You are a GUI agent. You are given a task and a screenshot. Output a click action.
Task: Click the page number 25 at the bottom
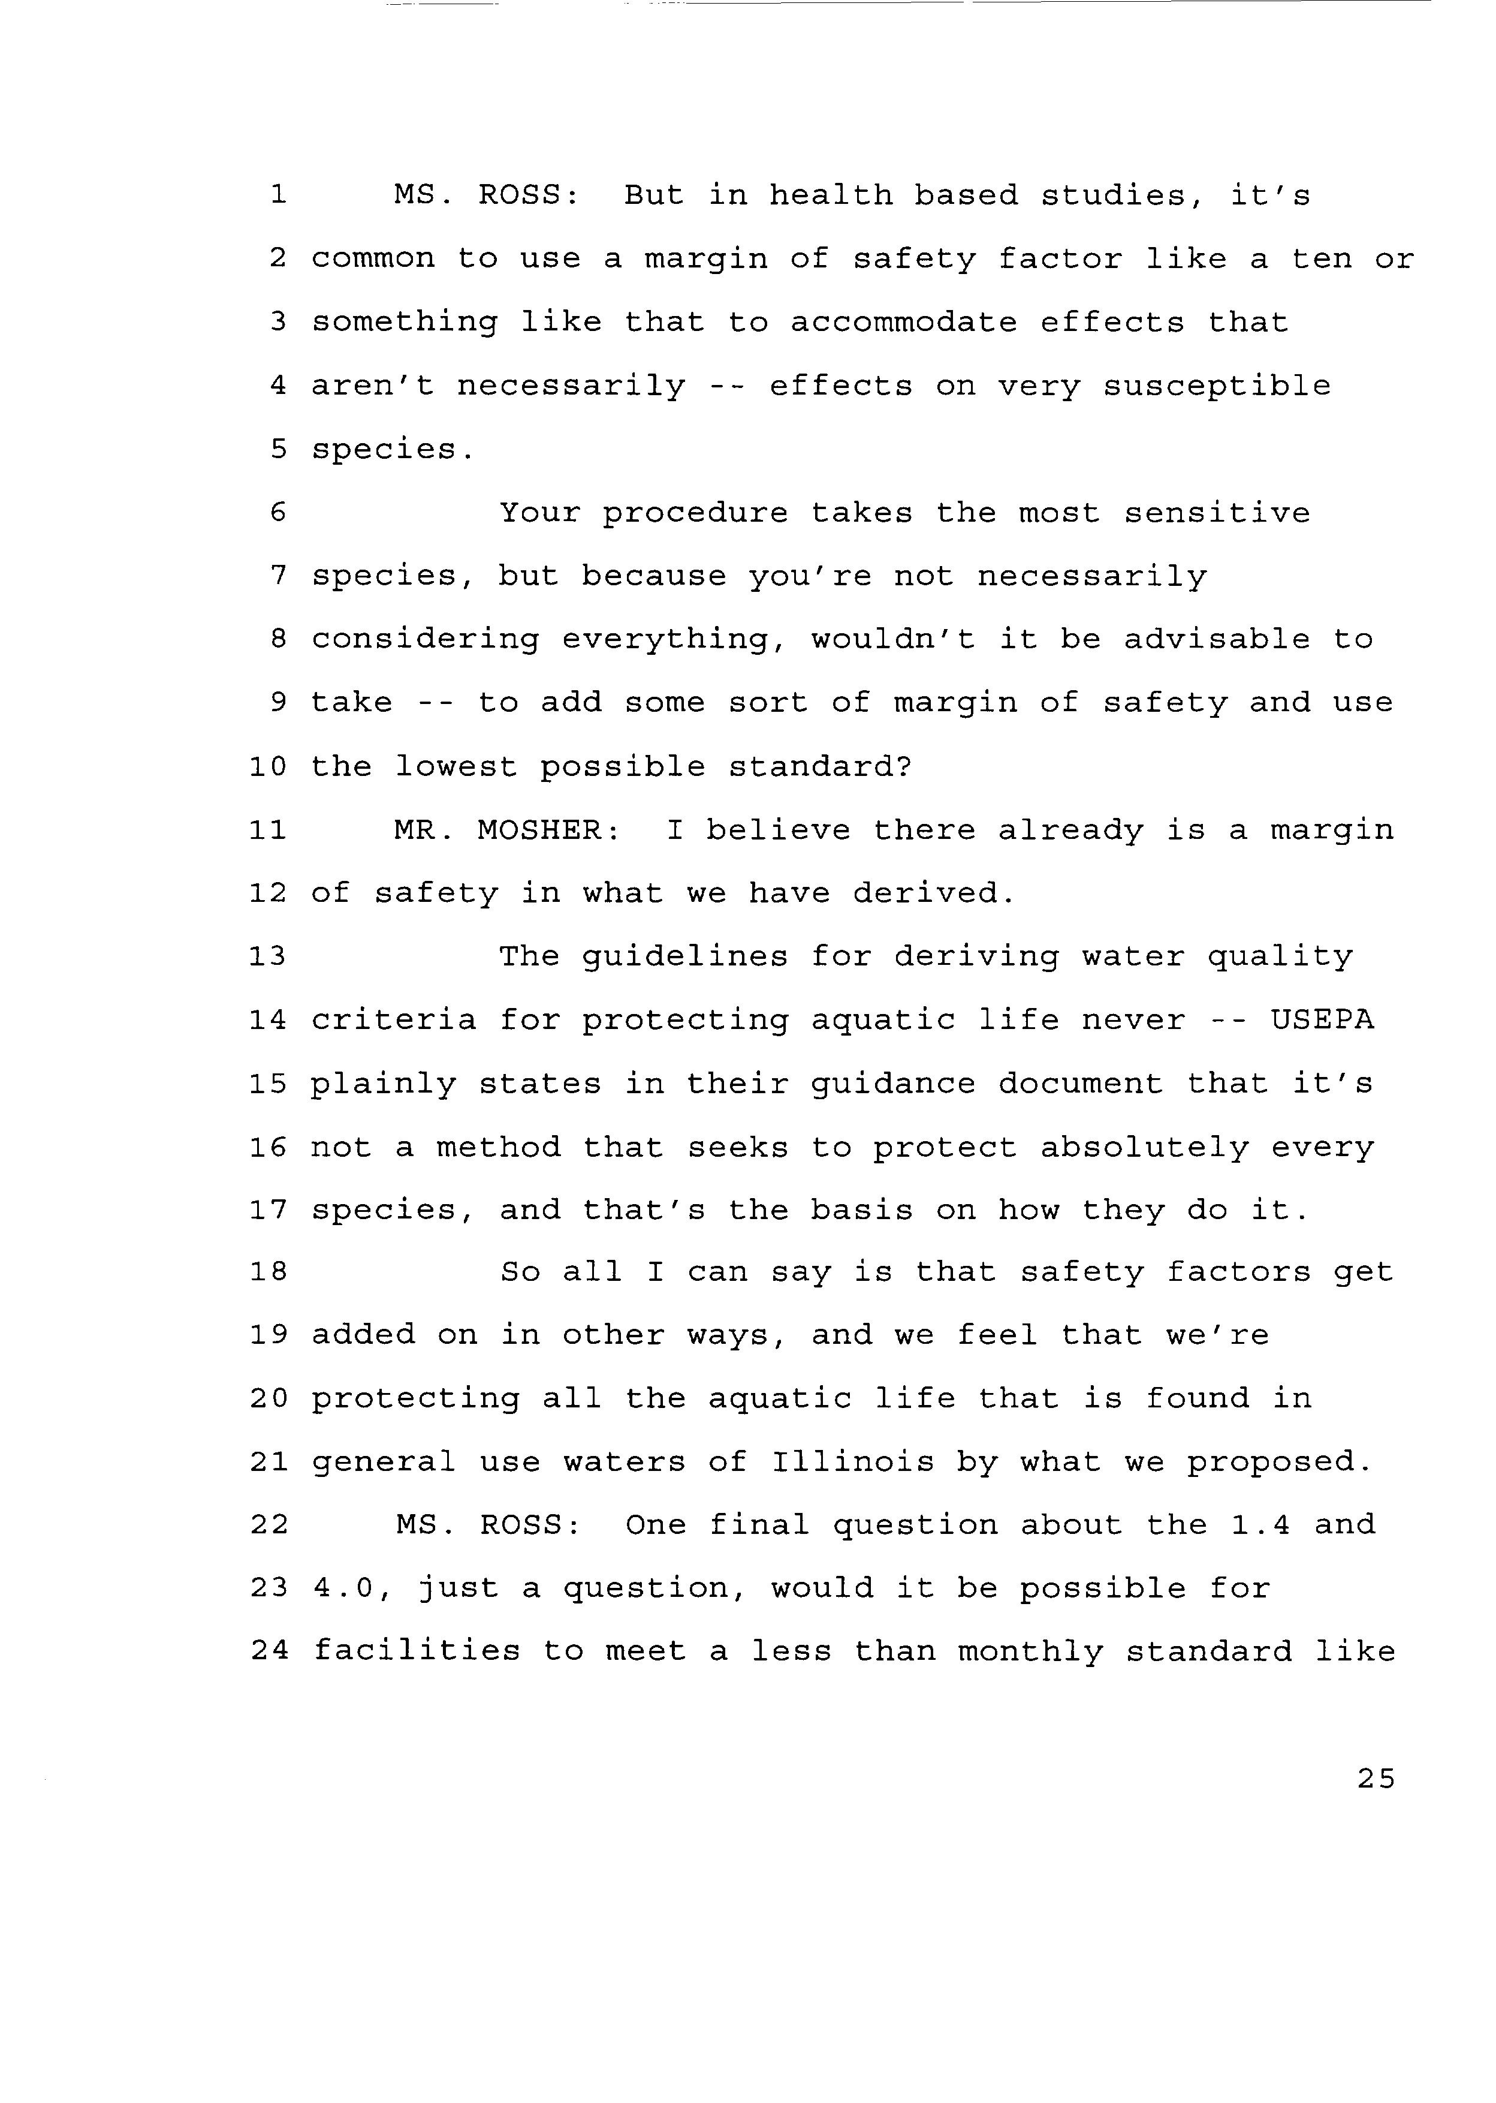(1376, 1779)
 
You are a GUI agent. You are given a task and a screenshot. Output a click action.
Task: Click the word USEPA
(1322, 1020)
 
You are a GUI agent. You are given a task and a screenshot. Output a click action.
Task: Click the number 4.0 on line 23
(345, 1588)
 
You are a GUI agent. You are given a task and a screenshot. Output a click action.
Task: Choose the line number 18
(268, 1272)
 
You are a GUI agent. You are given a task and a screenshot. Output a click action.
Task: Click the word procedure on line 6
(695, 513)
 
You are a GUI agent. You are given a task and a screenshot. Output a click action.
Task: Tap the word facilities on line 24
(417, 1651)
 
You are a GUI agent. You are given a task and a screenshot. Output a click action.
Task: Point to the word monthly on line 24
(1030, 1651)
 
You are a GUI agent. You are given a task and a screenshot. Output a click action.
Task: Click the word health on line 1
(831, 195)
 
